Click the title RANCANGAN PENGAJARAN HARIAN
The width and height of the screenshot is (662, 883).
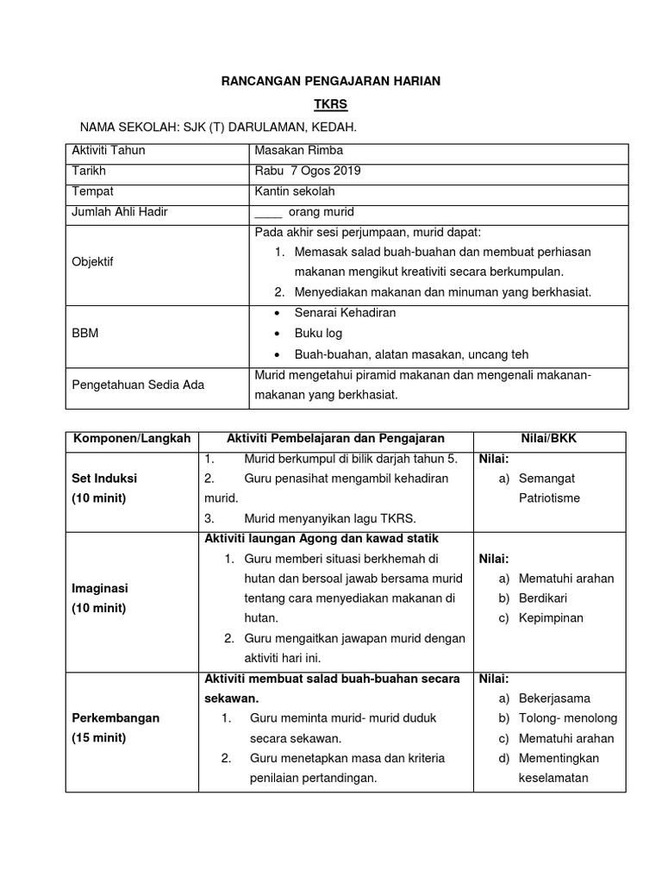pyautogui.click(x=331, y=80)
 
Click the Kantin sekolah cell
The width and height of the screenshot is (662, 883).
pyautogui.click(x=295, y=191)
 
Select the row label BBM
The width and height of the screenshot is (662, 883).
pyautogui.click(x=84, y=334)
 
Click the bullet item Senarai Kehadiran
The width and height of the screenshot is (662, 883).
pyautogui.click(x=345, y=313)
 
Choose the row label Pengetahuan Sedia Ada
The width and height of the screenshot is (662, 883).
pyautogui.click(x=138, y=385)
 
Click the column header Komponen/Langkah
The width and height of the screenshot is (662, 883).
pyautogui.click(x=133, y=440)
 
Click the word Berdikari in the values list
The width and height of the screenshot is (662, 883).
pyautogui.click(x=542, y=598)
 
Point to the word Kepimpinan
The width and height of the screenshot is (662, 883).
pyautogui.click(x=551, y=617)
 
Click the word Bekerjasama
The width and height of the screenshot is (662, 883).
pyautogui.click(x=553, y=698)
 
